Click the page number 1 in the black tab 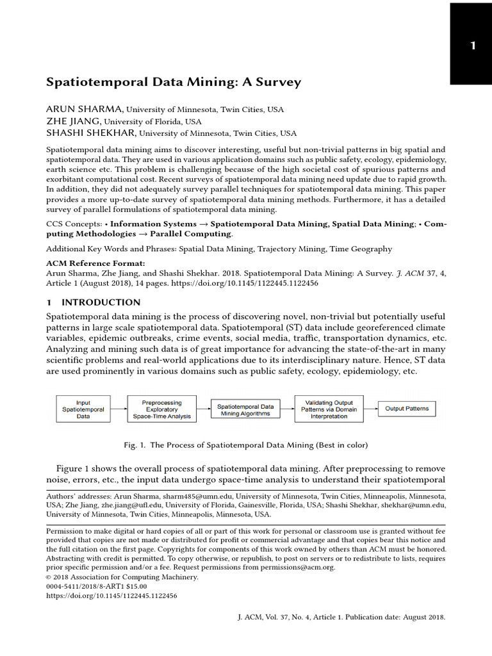point(472,45)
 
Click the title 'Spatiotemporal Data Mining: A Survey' point(174,82)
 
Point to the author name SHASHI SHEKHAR point(91,133)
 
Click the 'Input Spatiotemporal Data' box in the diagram point(83,408)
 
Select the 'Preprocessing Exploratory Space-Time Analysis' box point(161,408)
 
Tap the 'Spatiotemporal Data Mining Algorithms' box point(245,408)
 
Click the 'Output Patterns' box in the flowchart point(407,408)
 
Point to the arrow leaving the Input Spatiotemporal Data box point(118,408)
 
